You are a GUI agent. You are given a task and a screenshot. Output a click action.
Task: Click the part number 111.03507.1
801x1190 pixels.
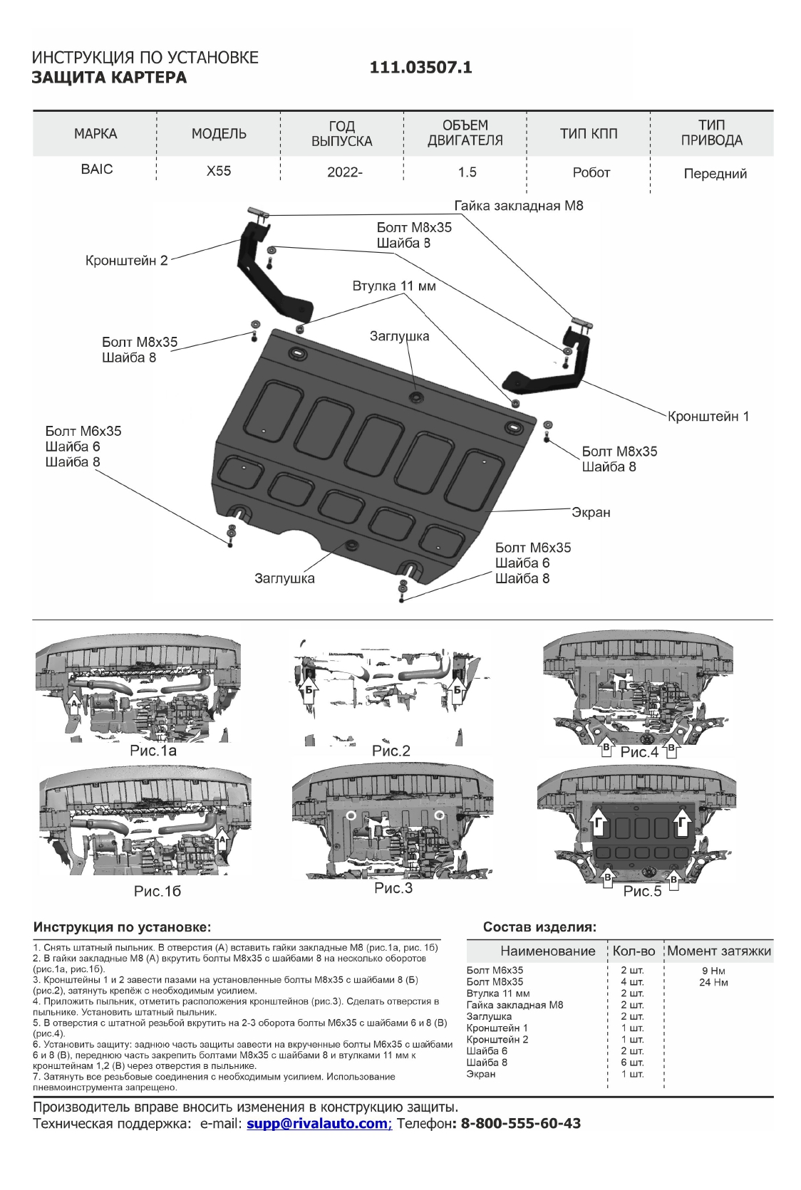420,68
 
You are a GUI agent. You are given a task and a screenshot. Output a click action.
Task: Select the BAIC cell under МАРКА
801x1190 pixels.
96,170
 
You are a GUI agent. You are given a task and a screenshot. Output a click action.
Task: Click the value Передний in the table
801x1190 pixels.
715,174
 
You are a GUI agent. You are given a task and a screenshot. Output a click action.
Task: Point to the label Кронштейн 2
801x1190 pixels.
126,261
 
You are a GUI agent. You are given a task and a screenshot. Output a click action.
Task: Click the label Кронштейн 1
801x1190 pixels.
708,416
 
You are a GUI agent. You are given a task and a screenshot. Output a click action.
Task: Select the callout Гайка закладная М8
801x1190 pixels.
519,206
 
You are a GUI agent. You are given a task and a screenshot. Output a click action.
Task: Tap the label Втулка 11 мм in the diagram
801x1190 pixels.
393,286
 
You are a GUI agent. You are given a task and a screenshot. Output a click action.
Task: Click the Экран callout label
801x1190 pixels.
591,512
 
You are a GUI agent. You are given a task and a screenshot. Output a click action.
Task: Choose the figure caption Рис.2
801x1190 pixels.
391,751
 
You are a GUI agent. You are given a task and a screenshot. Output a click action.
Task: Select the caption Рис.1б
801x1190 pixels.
157,891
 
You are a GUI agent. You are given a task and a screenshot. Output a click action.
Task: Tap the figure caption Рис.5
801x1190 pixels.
642,892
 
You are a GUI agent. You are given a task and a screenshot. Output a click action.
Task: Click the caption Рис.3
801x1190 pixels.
393,889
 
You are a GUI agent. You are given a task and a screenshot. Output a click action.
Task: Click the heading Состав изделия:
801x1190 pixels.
539,928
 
